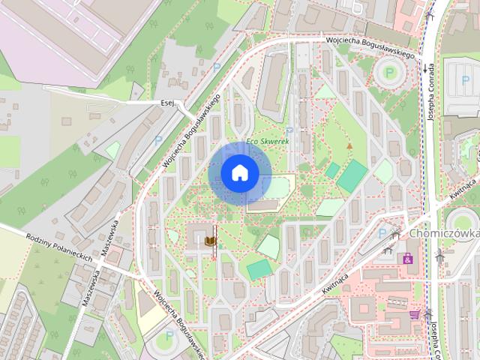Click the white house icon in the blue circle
(x=240, y=173)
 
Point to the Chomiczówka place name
(x=445, y=233)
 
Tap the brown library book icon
(x=211, y=240)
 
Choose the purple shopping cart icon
(x=414, y=315)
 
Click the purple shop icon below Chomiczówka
(x=408, y=258)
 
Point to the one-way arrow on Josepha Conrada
(x=425, y=68)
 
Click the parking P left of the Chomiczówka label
(x=382, y=233)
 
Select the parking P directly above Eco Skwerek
(x=289, y=129)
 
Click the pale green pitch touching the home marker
(x=277, y=186)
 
